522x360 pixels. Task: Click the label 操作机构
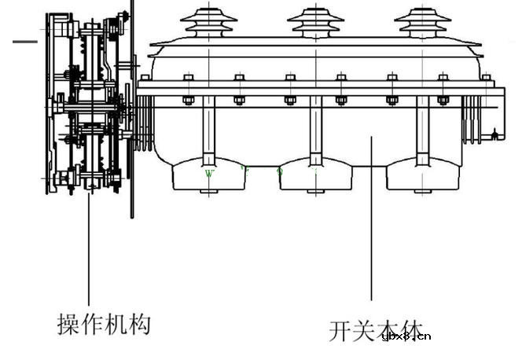pos(103,323)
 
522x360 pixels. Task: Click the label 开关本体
pos(376,329)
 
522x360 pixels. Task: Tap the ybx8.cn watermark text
pos(406,336)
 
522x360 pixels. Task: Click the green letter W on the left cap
pos(209,173)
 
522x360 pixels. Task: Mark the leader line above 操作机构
pos(88,252)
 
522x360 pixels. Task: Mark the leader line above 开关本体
pos(372,220)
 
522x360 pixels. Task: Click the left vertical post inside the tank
pos(208,130)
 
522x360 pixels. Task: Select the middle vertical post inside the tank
pos(315,130)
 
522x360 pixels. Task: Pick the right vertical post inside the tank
pos(422,130)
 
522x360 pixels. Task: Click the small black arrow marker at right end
pos(494,136)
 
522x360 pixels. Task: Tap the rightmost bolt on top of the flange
pos(487,77)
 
